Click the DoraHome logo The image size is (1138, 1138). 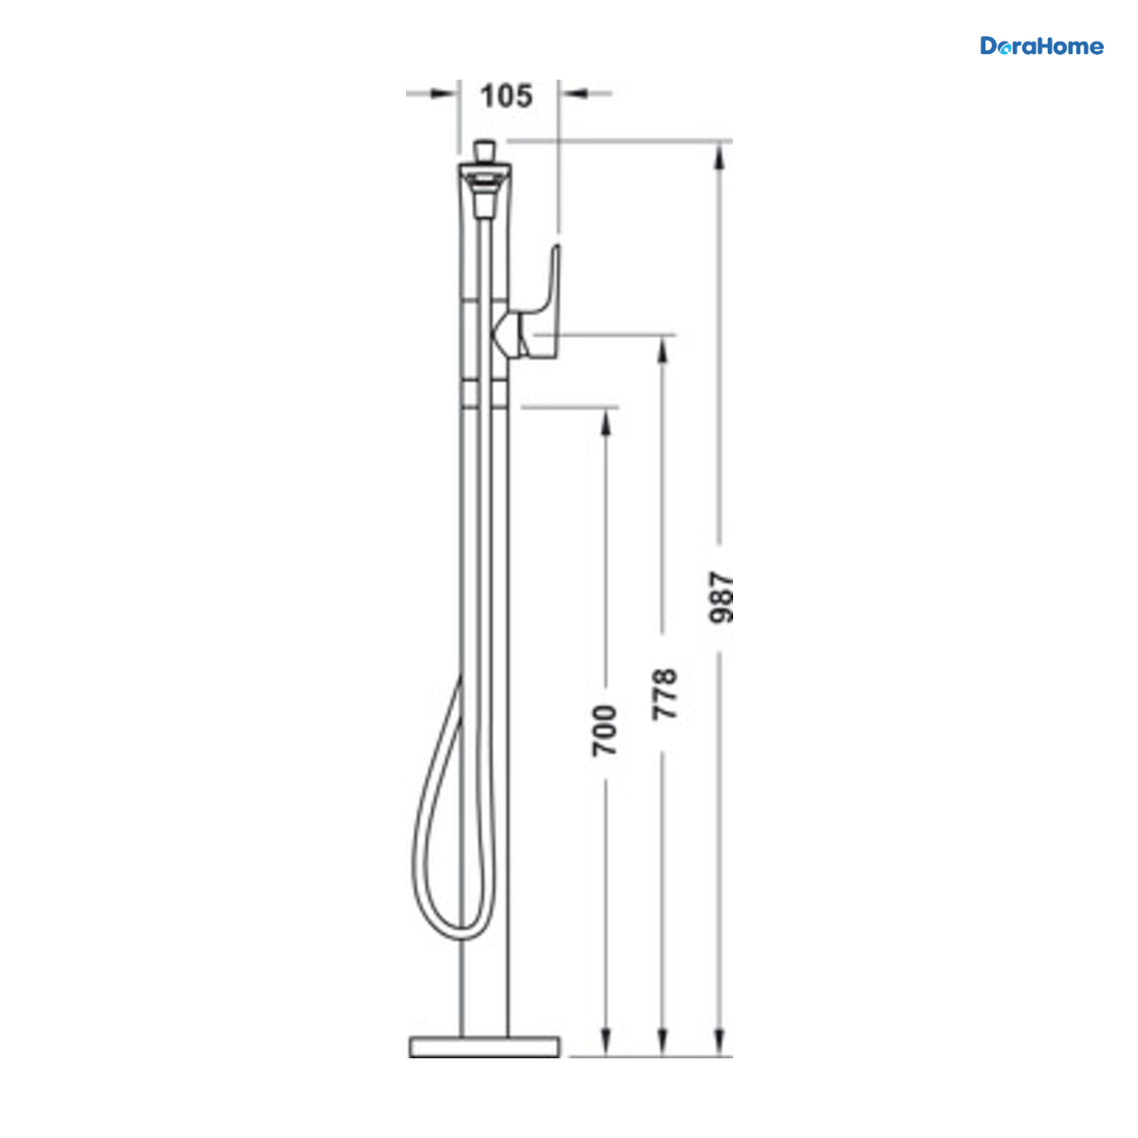pos(1041,46)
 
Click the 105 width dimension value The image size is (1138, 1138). pos(506,96)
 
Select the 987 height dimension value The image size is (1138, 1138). pos(721,597)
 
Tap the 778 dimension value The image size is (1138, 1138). pos(664,694)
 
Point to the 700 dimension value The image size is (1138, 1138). pos(605,730)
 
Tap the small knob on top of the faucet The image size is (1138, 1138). pos(485,151)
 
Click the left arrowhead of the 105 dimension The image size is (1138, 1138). pos(443,93)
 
